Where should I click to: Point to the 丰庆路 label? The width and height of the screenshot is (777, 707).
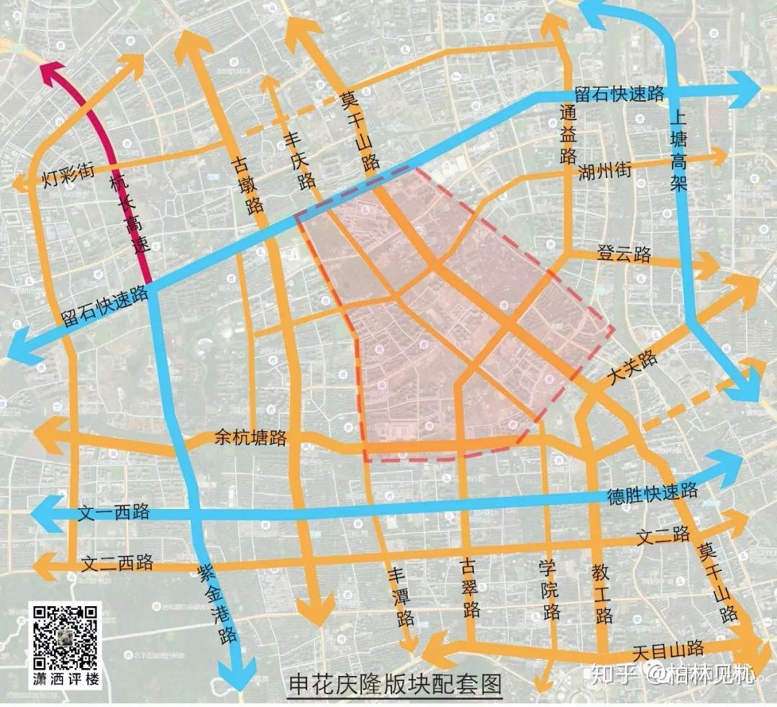point(300,161)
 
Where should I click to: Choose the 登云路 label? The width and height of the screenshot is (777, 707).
point(623,254)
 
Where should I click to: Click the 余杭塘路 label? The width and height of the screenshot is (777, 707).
point(250,437)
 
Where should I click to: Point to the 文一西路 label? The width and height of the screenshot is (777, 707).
point(114,513)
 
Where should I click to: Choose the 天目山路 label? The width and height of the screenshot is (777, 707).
point(668,650)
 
